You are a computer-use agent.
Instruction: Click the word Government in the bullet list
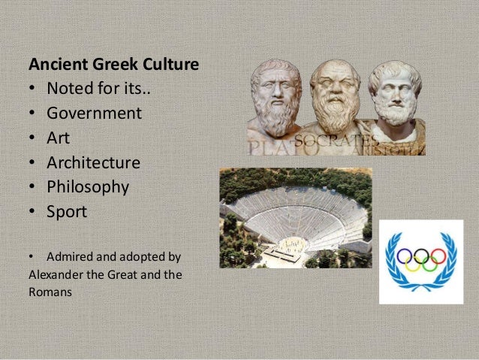94,113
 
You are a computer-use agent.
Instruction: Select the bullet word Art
59,138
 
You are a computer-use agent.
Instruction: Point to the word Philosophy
88,187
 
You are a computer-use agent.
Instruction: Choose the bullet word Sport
67,212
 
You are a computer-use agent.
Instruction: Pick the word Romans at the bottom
50,292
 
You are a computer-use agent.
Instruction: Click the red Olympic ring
439,256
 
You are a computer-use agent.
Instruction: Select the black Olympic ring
421,256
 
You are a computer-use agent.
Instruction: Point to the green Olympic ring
430,265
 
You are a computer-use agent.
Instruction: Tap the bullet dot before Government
33,114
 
